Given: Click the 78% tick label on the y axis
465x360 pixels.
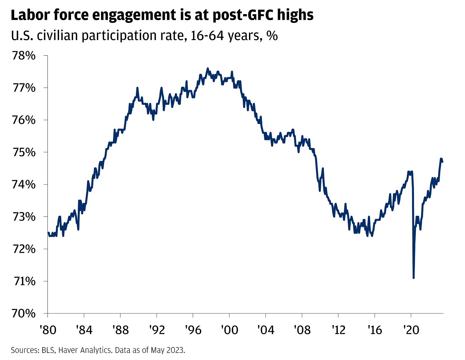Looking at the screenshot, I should tap(24, 56).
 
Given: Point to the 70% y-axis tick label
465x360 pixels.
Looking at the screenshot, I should tap(24, 313).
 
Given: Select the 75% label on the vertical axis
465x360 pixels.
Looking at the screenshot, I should tap(24, 152).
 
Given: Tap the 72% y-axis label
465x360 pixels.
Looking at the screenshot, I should tap(24, 249).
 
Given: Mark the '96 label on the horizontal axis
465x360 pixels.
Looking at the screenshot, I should tap(193, 330).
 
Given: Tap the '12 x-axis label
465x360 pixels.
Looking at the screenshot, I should tap(338, 330).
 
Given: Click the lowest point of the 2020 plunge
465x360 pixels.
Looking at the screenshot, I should tap(414, 278).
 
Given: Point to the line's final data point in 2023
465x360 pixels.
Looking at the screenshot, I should tap(442, 162).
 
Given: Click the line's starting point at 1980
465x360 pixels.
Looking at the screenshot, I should tap(48, 233).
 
